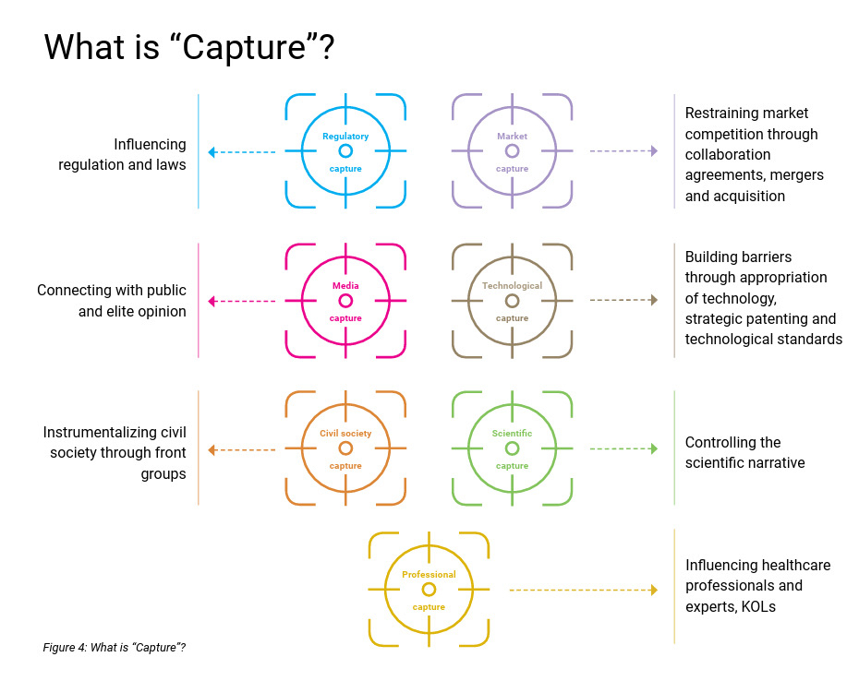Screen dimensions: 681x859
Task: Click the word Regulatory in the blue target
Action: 345,137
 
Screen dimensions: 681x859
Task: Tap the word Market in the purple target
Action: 512,137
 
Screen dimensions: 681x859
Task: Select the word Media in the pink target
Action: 345,286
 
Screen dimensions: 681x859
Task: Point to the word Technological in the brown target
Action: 512,286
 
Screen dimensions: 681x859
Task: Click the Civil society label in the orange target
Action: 345,433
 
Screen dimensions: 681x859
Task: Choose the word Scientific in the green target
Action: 512,433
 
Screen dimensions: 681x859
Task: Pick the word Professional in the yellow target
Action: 429,575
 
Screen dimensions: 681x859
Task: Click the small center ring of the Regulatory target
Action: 345,150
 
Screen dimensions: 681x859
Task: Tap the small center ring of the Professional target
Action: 429,589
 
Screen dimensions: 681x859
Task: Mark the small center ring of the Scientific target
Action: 512,448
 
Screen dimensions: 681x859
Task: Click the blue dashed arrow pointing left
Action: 242,152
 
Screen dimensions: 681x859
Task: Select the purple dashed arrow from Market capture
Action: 623,151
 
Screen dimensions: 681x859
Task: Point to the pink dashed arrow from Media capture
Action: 242,301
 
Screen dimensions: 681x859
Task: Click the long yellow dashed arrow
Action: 583,590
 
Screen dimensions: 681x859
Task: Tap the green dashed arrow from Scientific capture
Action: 623,448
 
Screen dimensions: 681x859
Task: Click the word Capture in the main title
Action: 236,48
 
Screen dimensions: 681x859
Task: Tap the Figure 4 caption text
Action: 115,647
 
